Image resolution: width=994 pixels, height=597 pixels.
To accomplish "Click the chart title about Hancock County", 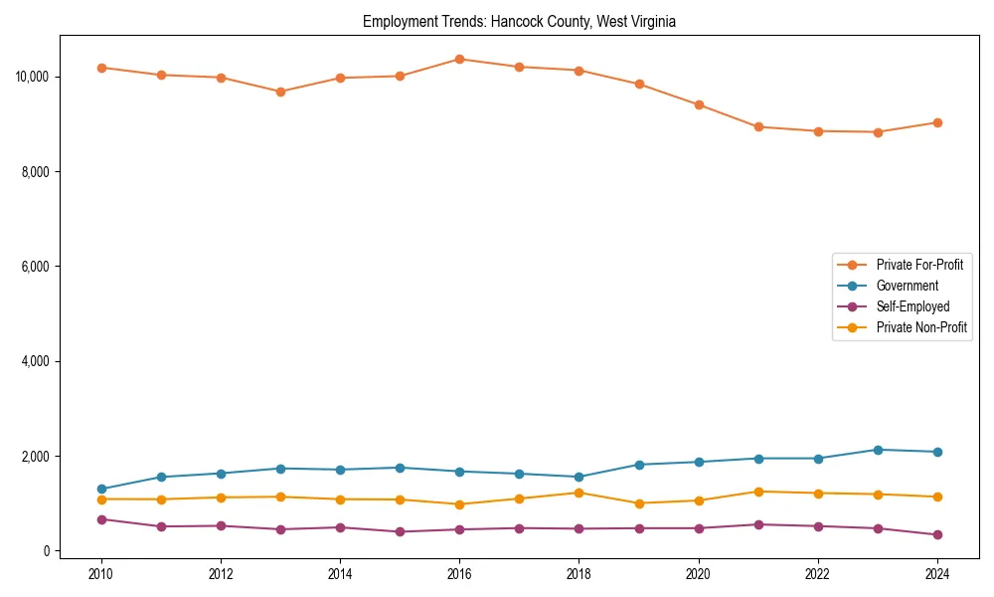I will tap(519, 21).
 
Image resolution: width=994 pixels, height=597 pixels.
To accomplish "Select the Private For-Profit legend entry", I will tap(918, 265).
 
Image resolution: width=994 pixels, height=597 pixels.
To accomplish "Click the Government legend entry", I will tap(907, 286).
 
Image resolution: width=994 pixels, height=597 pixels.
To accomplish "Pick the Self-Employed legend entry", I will tap(912, 306).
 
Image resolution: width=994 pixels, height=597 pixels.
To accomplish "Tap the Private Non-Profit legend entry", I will tap(921, 327).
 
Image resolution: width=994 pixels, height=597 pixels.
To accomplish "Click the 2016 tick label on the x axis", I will tap(459, 574).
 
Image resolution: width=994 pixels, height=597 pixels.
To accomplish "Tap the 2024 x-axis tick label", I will tap(936, 574).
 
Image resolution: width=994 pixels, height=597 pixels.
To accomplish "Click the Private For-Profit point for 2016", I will tap(459, 59).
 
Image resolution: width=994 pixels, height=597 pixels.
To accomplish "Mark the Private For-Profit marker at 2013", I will tap(280, 92).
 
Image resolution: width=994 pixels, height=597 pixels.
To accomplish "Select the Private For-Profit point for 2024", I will tap(936, 122).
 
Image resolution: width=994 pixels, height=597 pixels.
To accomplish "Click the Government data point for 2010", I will tap(101, 489).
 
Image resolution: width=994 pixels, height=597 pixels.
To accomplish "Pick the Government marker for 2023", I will tap(877, 450).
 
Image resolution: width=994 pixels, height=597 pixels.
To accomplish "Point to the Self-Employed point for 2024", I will tap(936, 535).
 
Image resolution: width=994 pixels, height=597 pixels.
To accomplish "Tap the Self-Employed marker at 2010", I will tap(101, 519).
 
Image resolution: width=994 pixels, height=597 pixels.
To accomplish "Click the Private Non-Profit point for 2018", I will tap(579, 493).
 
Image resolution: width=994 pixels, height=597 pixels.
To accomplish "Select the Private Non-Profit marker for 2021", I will tap(757, 492).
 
